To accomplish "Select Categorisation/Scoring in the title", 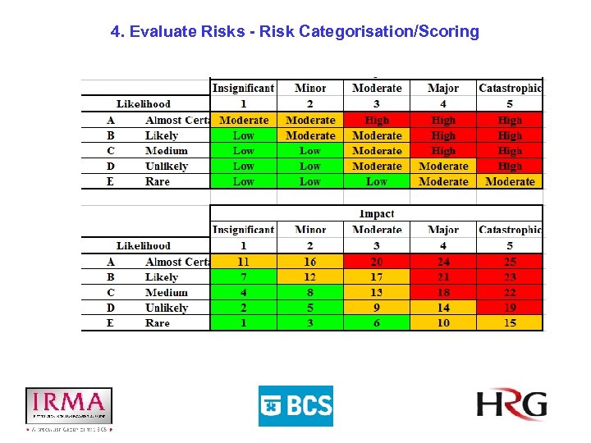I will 389,32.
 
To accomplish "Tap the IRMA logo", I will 69,406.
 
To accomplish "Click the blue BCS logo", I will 295,405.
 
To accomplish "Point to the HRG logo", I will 511,404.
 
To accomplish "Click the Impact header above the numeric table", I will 377,213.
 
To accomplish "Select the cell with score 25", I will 510,262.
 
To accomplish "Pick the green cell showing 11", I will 244,262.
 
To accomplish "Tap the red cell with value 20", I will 377,262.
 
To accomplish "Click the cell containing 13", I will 377,293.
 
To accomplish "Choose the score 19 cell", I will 510,308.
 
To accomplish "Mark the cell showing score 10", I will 443,323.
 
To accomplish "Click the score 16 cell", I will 310,262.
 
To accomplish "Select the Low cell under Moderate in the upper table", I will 377,181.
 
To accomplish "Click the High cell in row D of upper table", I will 510,167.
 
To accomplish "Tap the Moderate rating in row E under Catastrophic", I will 510,181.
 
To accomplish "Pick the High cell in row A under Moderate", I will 377,121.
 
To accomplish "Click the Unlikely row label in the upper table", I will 167,167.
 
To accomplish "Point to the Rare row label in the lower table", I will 158,323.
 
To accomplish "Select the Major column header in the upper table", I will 443,89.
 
